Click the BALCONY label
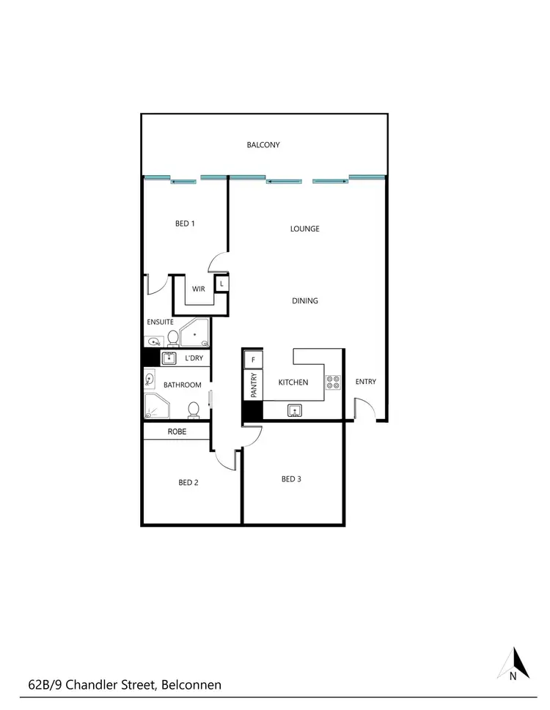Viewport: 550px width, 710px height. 263,145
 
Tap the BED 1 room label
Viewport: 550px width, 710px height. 185,223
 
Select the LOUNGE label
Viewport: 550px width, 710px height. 304,229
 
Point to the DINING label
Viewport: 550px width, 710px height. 304,300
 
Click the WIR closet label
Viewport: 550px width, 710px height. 199,289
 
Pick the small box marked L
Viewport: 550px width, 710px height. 221,283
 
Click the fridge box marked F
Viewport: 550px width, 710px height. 253,360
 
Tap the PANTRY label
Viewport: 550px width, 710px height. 253,386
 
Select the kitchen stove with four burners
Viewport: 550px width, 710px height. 333,382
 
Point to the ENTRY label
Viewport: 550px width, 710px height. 365,382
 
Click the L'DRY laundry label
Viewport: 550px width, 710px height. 194,358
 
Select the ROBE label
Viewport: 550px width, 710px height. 177,432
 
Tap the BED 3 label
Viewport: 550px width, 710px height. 291,479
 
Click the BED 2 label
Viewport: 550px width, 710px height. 188,482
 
